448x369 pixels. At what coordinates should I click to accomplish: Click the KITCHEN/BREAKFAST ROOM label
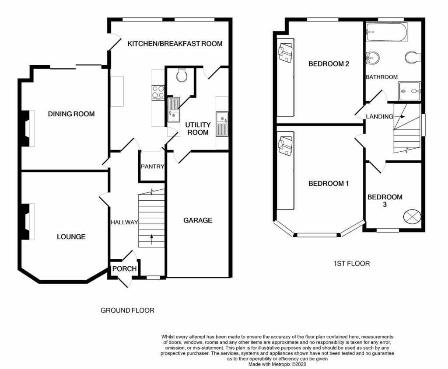tap(175, 44)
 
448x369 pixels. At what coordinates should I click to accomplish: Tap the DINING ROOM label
tap(71, 114)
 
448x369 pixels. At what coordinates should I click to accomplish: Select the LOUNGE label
tap(71, 237)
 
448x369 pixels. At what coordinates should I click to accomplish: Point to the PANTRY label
tap(152, 167)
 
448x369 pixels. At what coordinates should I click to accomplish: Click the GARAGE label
tap(198, 220)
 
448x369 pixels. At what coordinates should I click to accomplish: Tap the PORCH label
tap(124, 269)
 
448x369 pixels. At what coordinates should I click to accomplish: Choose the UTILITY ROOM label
tap(198, 129)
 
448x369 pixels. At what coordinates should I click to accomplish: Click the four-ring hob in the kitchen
tap(158, 92)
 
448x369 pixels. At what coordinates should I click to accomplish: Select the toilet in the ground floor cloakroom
tap(182, 75)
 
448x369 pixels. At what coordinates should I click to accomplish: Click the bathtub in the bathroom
tap(387, 32)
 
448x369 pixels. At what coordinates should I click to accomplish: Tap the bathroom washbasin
tap(373, 58)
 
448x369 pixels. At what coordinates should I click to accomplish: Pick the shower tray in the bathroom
tap(409, 91)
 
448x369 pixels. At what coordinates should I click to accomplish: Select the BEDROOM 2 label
tap(329, 64)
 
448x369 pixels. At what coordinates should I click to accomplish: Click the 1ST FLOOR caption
tap(352, 263)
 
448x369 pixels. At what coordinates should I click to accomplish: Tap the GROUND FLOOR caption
tap(127, 310)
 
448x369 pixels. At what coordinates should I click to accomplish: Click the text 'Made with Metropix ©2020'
tap(277, 364)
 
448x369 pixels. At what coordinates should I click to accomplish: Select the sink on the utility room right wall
tap(222, 124)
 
